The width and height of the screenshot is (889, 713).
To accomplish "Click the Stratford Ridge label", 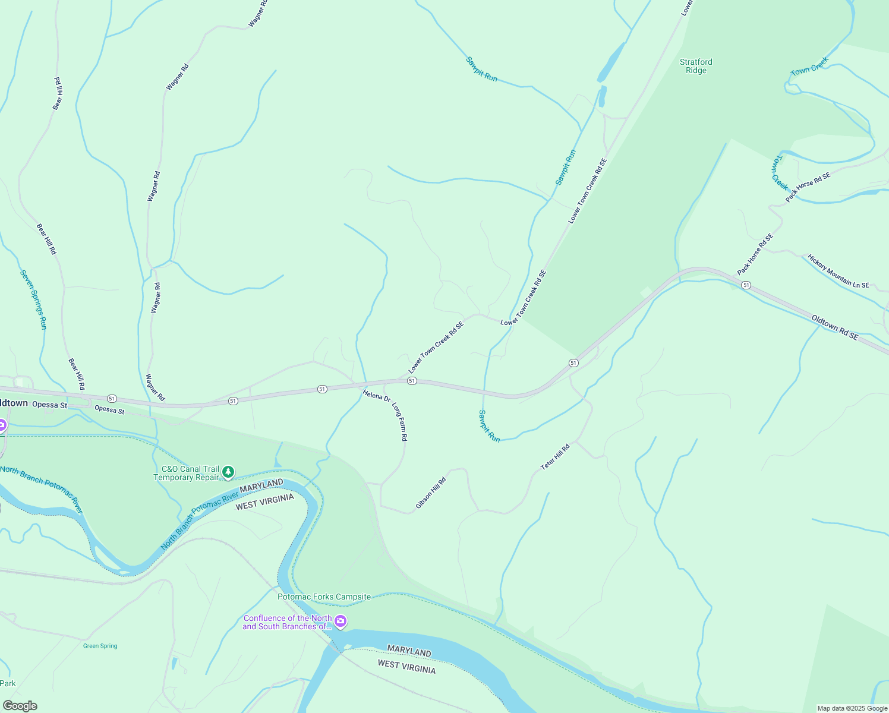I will coord(696,66).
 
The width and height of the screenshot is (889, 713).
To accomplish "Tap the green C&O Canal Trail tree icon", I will coord(228,472).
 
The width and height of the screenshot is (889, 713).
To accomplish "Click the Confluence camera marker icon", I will coord(341,621).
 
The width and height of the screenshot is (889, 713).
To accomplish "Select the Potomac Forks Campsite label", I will coord(324,597).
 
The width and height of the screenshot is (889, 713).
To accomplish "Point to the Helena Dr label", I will coord(376,396).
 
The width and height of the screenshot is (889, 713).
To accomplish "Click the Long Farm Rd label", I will coord(399,421).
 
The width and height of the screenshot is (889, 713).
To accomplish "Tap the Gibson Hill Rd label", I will coord(431,493).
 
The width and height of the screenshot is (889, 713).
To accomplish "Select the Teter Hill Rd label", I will coord(555,457).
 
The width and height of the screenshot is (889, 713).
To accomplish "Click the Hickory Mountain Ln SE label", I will coord(838,272).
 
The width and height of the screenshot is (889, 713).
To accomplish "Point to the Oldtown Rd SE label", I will coord(835,327).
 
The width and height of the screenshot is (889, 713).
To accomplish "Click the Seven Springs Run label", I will coord(33,299).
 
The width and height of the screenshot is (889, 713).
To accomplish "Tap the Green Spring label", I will coord(100,646).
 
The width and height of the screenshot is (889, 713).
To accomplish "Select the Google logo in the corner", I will coord(20,706).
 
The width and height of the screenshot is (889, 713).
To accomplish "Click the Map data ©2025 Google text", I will coord(852,708).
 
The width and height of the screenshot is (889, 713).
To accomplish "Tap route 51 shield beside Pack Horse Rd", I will coord(746,285).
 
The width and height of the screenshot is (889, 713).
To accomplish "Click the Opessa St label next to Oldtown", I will coord(49,405).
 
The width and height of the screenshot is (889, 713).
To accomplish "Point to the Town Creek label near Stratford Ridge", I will coord(809,67).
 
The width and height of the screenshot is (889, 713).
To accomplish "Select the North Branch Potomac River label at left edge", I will coord(42,490).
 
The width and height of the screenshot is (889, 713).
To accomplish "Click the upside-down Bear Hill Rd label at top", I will coord(58,93).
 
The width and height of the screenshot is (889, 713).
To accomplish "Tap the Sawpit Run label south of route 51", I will coord(490,425).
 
